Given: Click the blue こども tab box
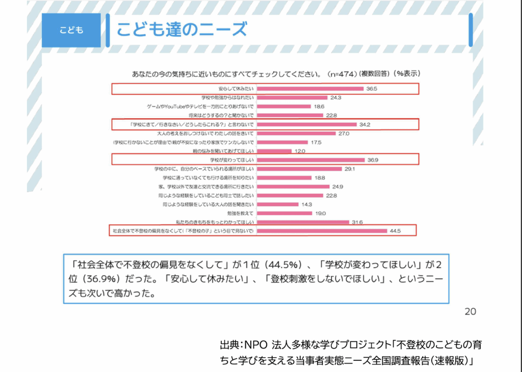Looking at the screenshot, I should tap(71, 30).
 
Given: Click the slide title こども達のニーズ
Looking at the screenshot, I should tap(181, 29).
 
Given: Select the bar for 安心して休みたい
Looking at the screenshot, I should tap(310, 89).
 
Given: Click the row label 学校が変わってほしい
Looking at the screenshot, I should tap(233, 160).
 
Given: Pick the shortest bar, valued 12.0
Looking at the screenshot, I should tap(273, 151).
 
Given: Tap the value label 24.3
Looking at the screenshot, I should tap(335, 97).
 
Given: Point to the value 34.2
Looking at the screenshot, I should tap(364, 124).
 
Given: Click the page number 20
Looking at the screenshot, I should tap(470, 311).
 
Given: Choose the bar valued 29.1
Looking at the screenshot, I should tap(299, 169).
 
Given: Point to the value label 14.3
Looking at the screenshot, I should tap(306, 204).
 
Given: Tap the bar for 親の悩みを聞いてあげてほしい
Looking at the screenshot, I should tap(273, 151).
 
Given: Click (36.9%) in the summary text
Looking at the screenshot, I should tap(102, 280).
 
